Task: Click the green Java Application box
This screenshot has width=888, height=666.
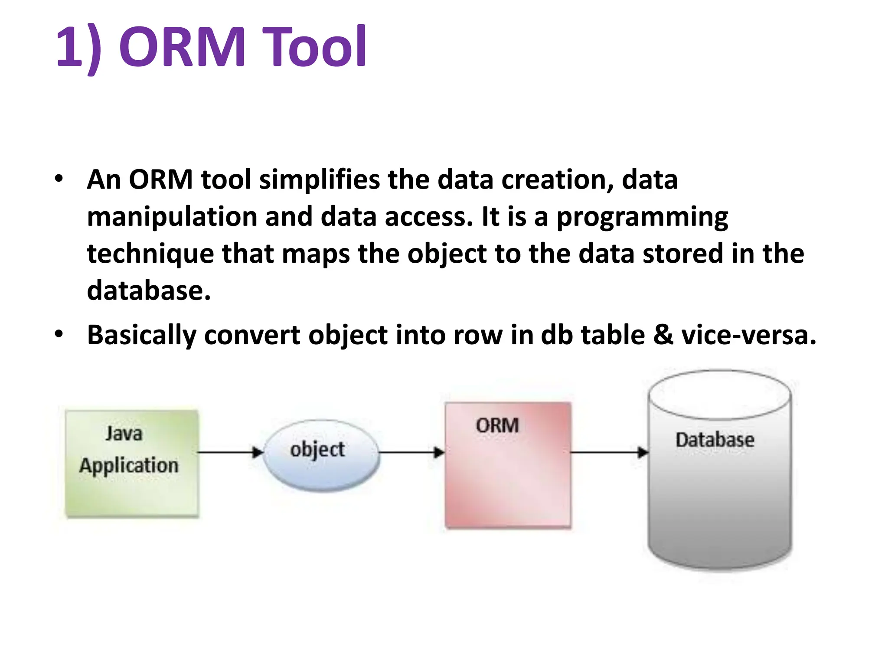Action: (132, 464)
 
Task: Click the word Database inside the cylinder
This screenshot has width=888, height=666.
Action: (715, 440)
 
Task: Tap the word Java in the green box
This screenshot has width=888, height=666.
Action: (124, 433)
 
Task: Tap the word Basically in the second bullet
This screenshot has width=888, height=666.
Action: (141, 335)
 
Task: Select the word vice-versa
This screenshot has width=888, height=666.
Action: (748, 335)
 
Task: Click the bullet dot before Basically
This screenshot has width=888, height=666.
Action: (59, 334)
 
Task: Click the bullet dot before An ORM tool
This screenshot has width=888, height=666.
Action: (59, 178)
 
